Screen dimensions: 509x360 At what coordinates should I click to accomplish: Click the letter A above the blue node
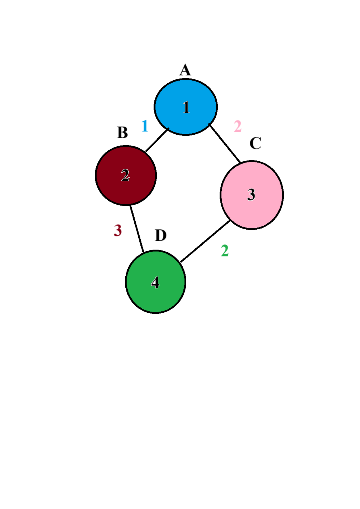pyautogui.click(x=185, y=70)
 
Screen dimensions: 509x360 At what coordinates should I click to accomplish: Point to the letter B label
pyautogui.click(x=122, y=133)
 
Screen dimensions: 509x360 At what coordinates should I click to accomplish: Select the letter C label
pyautogui.click(x=255, y=143)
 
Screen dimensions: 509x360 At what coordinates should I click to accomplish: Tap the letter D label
pyautogui.click(x=161, y=235)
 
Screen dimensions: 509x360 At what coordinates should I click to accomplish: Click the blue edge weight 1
pyautogui.click(x=145, y=126)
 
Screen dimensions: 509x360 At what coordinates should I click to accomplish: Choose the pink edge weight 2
pyautogui.click(x=238, y=126)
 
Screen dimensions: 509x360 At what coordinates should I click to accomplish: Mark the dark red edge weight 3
pyautogui.click(x=118, y=230)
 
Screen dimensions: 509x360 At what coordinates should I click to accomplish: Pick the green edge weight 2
pyautogui.click(x=225, y=251)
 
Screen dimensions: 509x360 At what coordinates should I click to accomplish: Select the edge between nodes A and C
pyautogui.click(x=225, y=143)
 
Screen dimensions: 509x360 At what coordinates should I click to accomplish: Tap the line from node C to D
pyautogui.click(x=205, y=241)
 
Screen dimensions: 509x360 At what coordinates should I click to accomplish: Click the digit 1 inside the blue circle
pyautogui.click(x=186, y=107)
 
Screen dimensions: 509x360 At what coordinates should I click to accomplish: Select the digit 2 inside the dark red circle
pyautogui.click(x=125, y=175)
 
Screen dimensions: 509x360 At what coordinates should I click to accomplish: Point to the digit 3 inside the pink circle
pyautogui.click(x=251, y=195)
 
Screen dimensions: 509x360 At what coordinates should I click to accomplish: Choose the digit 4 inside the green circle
pyautogui.click(x=155, y=282)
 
